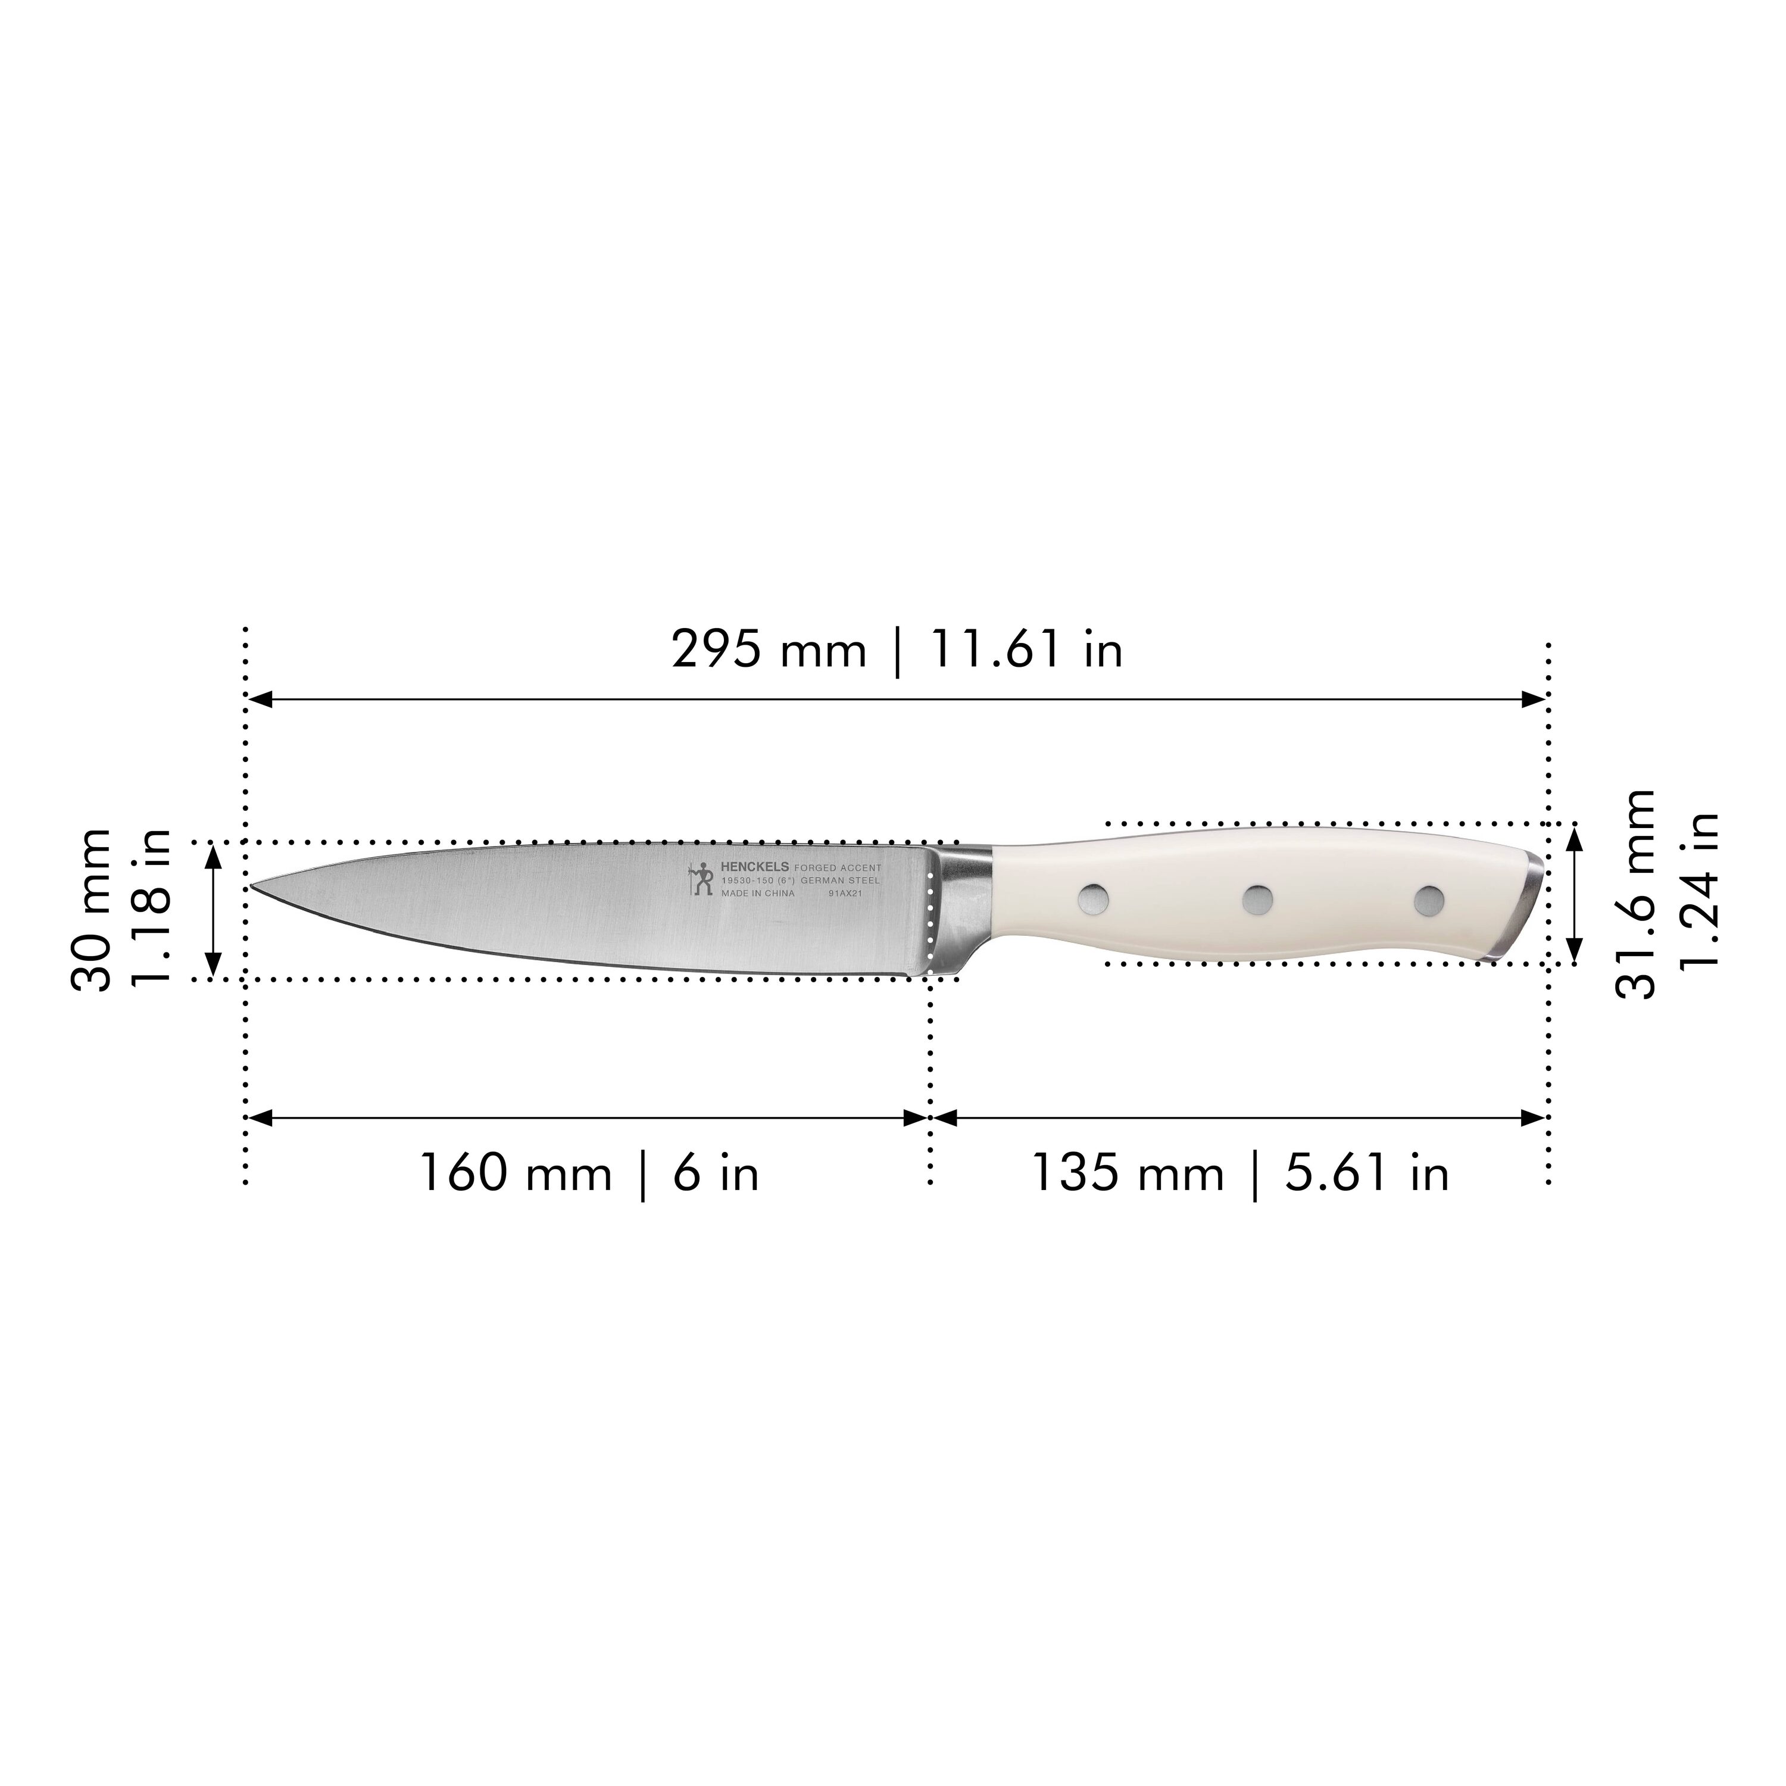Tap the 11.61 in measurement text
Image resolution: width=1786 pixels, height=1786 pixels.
[x=1026, y=650]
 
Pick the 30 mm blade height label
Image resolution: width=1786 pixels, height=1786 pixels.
[x=92, y=911]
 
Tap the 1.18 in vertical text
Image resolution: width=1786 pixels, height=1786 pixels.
[x=150, y=911]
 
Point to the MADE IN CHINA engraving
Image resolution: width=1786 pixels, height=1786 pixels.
[x=757, y=894]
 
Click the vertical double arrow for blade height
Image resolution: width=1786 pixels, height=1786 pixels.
[x=214, y=911]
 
